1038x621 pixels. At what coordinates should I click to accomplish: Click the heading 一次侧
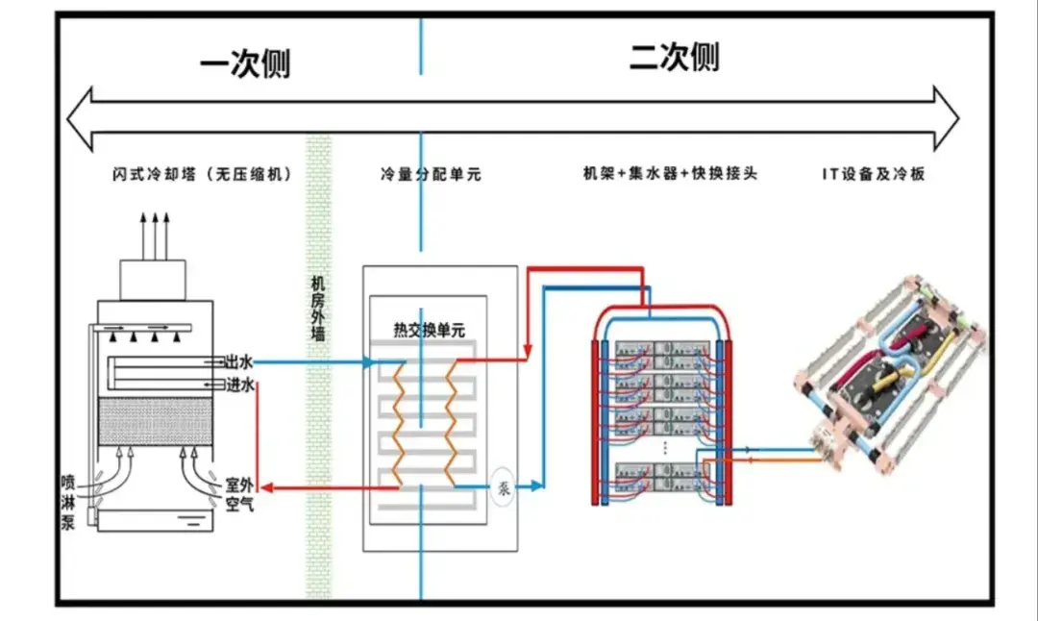(x=245, y=63)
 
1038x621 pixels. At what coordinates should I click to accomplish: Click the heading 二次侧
(x=674, y=57)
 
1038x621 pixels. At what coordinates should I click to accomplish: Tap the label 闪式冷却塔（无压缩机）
(x=202, y=174)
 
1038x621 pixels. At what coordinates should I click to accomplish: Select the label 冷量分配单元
(x=431, y=174)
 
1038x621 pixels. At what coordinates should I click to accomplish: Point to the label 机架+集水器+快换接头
(x=670, y=173)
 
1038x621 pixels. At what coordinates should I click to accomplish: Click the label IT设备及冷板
(x=873, y=174)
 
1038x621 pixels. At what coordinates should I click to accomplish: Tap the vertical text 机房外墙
(x=318, y=309)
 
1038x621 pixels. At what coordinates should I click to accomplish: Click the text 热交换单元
(x=429, y=330)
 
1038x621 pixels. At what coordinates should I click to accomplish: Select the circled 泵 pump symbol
(x=503, y=488)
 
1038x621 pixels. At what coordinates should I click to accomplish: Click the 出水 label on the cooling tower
(x=239, y=362)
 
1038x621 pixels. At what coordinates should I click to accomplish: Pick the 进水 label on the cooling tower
(x=239, y=384)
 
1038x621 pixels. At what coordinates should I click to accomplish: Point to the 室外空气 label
(x=239, y=494)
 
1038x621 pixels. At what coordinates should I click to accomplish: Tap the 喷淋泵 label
(x=68, y=503)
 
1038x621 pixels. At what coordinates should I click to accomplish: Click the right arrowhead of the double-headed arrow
(x=947, y=118)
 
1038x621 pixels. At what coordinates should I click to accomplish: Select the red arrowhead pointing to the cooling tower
(x=266, y=488)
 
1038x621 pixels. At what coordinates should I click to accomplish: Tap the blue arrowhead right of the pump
(x=537, y=486)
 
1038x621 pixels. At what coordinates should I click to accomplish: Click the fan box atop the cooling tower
(x=152, y=280)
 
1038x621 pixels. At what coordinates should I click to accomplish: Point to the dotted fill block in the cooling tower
(x=156, y=421)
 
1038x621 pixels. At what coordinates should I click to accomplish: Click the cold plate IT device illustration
(x=890, y=374)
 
